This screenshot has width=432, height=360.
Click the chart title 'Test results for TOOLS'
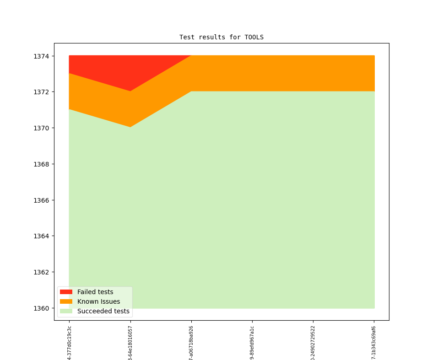tap(221, 37)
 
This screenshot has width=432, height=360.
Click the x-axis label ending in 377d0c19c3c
tap(70, 343)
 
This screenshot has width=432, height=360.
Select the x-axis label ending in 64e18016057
tap(130, 343)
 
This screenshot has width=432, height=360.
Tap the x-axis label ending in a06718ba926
tap(191, 343)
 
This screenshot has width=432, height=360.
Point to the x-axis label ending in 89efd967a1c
tap(252, 343)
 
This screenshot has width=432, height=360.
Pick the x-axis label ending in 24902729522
tap(313, 343)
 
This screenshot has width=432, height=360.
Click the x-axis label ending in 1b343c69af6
tap(374, 343)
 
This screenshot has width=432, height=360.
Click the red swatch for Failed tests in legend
tap(66, 292)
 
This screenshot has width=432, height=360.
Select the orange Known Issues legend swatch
tap(66, 301)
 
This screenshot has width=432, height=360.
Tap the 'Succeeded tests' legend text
tap(103, 312)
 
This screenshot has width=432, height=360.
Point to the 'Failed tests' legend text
tap(95, 292)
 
